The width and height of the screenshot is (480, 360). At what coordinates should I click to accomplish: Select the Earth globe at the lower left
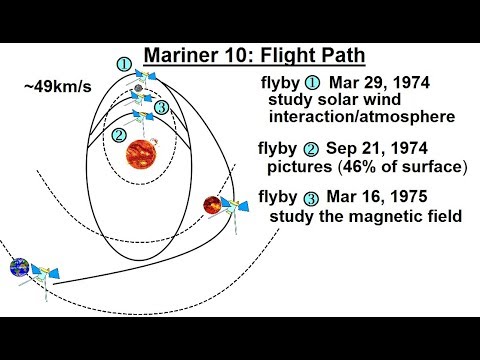19,268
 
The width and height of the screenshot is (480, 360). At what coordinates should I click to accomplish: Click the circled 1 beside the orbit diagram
123,65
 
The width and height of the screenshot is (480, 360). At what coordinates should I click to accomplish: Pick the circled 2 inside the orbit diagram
120,134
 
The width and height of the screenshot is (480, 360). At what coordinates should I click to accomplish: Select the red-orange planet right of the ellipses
211,205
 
